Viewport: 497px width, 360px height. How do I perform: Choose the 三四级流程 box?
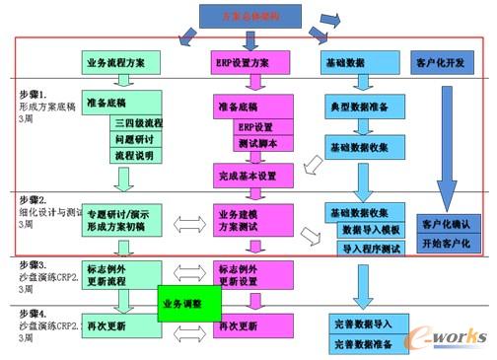tap(138, 123)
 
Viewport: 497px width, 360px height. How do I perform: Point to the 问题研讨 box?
tap(138, 139)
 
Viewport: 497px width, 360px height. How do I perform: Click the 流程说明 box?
tap(138, 155)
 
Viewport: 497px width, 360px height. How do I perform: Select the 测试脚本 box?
tap(258, 143)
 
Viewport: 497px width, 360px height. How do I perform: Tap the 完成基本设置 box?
tap(253, 178)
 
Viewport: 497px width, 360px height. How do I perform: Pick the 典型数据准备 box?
tap(367, 105)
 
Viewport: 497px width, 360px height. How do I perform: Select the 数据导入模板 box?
tap(372, 229)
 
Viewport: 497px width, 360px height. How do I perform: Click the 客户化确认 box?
tap(446, 221)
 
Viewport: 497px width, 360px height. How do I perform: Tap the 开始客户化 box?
tap(446, 241)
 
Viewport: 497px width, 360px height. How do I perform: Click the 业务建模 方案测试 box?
tap(253, 219)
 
